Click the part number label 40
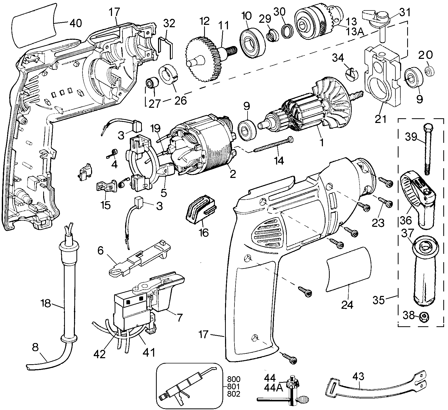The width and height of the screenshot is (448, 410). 76,23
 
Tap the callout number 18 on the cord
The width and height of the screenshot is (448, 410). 46,304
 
